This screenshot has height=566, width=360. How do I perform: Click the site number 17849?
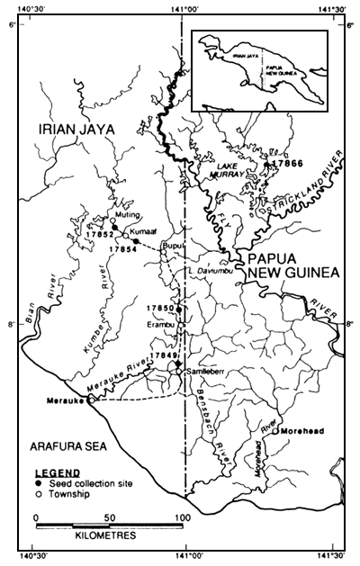tap(165, 356)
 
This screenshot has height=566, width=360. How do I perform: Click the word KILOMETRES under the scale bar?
tap(98, 536)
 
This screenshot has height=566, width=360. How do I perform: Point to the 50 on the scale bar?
tap(109, 517)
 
